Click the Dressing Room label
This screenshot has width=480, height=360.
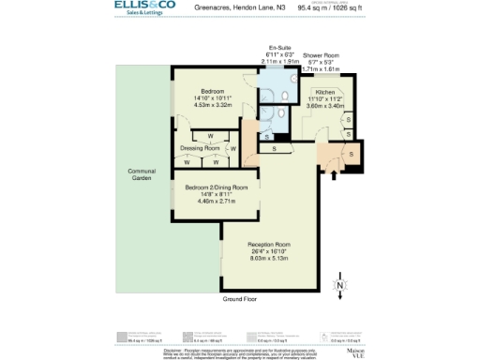pos(199,148)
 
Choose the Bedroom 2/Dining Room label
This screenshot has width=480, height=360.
pos(216,187)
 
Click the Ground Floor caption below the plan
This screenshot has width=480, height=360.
pos(239,298)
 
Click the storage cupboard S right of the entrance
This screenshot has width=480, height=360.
pos(351,153)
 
